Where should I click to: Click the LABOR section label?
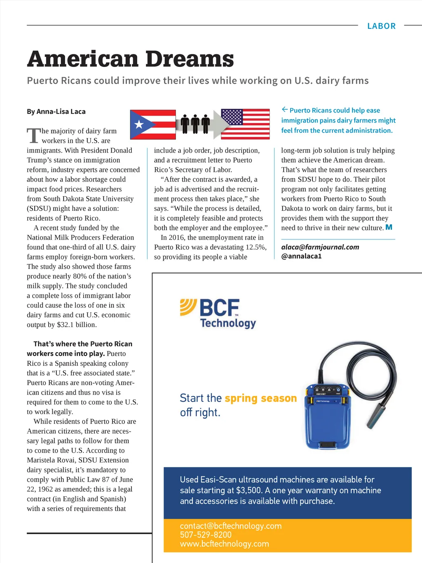(x=381, y=26)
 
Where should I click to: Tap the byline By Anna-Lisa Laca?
(x=56, y=111)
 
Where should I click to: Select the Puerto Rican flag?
(x=153, y=124)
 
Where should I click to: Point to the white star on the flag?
(x=139, y=124)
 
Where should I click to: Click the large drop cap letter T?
(x=34, y=135)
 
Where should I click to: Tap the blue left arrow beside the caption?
(x=285, y=109)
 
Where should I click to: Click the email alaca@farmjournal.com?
(x=320, y=247)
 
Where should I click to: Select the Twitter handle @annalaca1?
(x=301, y=256)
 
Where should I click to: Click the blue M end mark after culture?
(x=389, y=227)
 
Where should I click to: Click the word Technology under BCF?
(x=228, y=323)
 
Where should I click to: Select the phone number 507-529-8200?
(x=206, y=535)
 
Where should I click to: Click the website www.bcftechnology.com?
(x=224, y=544)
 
